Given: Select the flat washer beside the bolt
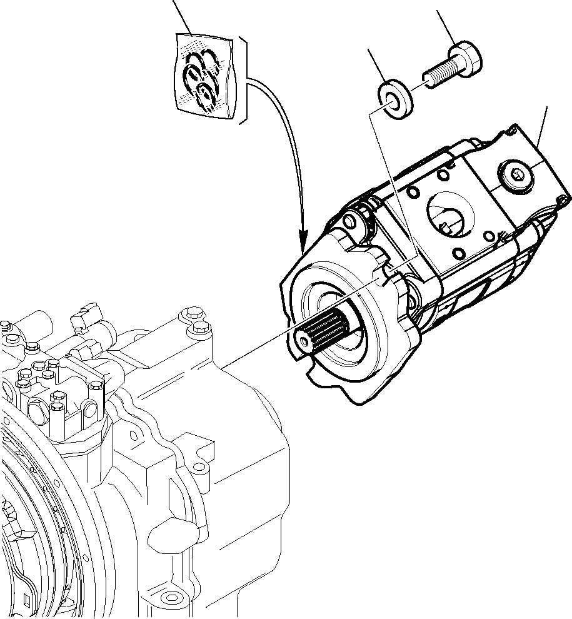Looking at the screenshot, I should click(x=395, y=98).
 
